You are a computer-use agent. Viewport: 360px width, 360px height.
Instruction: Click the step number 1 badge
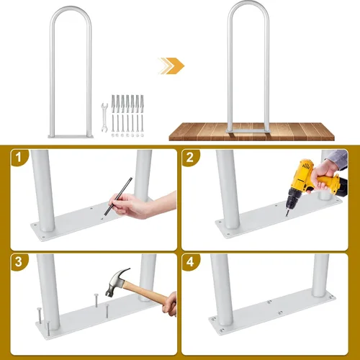[19, 157]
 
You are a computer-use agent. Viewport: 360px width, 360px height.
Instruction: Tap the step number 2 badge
[189, 157]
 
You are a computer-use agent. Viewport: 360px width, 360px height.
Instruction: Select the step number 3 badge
[19, 261]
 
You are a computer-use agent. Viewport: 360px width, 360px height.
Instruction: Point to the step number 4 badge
[189, 261]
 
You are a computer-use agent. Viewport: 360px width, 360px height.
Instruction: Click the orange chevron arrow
[174, 66]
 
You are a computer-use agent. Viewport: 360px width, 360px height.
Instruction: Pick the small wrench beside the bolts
[104, 117]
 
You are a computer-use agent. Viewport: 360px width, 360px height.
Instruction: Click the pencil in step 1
[118, 196]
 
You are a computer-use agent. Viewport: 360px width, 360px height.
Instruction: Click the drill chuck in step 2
[293, 200]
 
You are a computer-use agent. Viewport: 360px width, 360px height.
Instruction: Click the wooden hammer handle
[145, 292]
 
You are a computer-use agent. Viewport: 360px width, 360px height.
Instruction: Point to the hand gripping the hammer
[170, 305]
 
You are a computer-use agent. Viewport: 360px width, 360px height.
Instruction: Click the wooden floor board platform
[251, 132]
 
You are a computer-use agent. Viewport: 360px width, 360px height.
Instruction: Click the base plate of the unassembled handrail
[71, 137]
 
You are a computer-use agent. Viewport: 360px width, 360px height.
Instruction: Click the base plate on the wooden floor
[248, 131]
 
